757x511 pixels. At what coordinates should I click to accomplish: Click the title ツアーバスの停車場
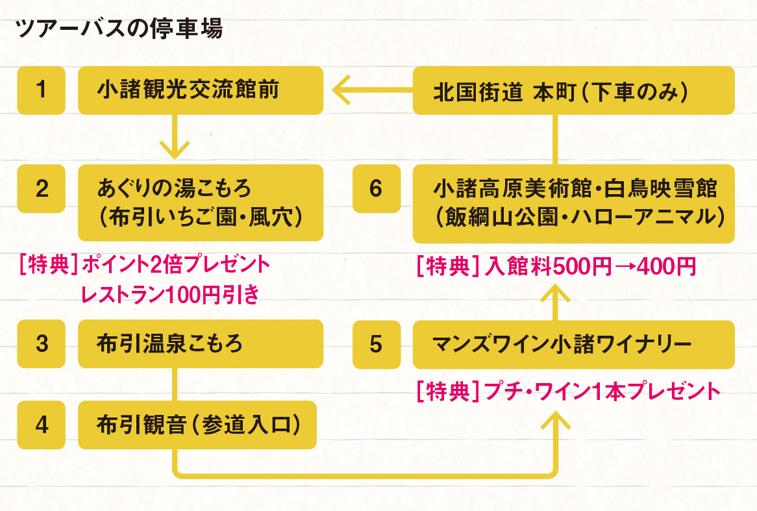[119, 29]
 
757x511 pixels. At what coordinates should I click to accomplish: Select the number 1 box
[42, 90]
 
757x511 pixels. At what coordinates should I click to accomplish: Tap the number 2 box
[42, 188]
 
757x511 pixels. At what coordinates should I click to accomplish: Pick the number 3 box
[42, 343]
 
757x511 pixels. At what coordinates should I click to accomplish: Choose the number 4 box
[42, 425]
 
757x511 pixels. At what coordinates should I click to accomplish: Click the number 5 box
[377, 343]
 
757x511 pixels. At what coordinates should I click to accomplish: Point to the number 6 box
[377, 188]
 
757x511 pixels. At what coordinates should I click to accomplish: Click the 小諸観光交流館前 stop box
[200, 90]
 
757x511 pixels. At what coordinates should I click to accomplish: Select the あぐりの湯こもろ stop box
[200, 202]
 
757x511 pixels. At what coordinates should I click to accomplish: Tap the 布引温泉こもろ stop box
[200, 343]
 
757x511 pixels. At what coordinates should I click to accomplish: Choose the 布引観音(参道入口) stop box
[197, 425]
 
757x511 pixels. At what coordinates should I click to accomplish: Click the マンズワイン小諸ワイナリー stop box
[573, 343]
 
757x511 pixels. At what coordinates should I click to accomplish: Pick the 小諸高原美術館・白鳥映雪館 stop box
[573, 202]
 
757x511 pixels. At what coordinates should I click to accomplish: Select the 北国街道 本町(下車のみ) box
[573, 90]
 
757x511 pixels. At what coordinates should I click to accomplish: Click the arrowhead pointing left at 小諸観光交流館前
[341, 90]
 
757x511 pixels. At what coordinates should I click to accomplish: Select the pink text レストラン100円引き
[170, 294]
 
